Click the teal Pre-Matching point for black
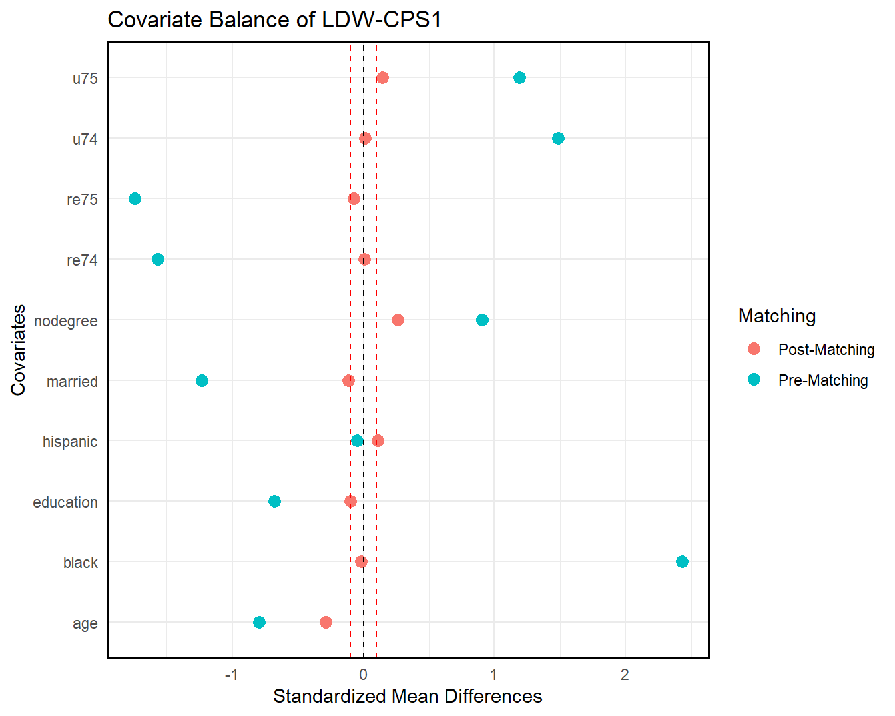(682, 561)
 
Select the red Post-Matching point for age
(326, 622)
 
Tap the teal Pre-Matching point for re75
(135, 198)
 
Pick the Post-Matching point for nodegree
(398, 320)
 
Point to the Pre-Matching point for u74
(558, 138)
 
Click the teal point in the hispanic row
(357, 440)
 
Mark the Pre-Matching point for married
(202, 380)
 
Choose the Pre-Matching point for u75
(519, 77)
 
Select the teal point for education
(274, 501)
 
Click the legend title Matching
(777, 316)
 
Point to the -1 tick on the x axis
(231, 675)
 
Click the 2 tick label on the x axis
(625, 675)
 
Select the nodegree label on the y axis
(65, 321)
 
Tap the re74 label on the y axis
(82, 260)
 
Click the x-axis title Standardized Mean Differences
(408, 697)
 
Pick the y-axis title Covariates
(18, 350)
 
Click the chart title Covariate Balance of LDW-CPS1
(274, 20)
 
